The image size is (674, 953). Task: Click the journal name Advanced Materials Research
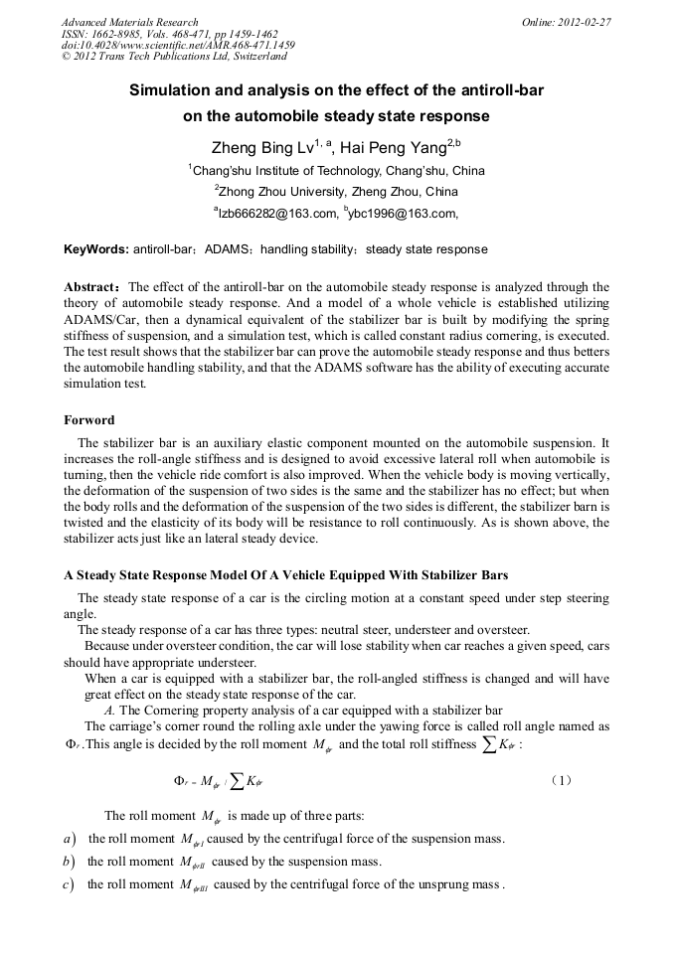(x=130, y=22)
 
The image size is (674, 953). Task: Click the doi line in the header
(x=178, y=46)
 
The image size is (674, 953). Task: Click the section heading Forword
(x=89, y=420)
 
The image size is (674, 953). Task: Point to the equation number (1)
(x=560, y=780)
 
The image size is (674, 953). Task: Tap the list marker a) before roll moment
(x=69, y=839)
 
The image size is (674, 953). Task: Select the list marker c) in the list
(x=69, y=884)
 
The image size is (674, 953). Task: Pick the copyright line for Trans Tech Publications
(x=174, y=57)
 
